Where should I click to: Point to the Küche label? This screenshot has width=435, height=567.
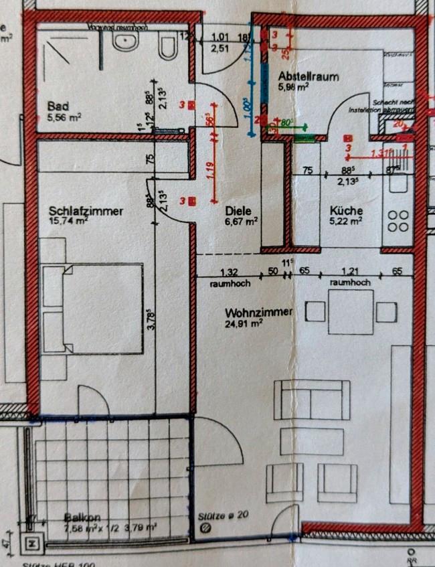345,210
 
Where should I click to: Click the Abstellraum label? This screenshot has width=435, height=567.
308,76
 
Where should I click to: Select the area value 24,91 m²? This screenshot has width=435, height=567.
243,323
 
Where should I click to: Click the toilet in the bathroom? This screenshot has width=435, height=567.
167,47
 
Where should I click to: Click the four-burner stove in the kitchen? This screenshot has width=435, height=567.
398,221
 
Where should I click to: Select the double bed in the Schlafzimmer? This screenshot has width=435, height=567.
92,308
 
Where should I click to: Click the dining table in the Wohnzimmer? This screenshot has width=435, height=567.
351,313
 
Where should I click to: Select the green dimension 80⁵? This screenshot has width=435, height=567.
288,123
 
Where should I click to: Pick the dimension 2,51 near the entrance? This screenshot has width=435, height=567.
222,48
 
